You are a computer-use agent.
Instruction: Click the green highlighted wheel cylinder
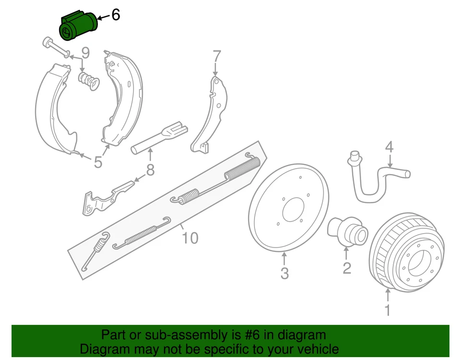coord(78,27)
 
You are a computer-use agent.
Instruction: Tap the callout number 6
coord(115,15)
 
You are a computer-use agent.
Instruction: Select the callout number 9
coord(85,52)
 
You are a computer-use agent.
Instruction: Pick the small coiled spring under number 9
coord(89,80)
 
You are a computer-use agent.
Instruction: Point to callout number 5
coord(98,162)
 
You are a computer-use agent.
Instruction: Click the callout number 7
coord(217,56)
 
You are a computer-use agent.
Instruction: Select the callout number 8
coord(150,170)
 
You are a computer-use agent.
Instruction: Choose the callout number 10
coord(190,238)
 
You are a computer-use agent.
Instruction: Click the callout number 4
coord(389,146)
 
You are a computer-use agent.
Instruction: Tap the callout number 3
coord(284,273)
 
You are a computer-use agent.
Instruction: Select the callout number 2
coord(347,268)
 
